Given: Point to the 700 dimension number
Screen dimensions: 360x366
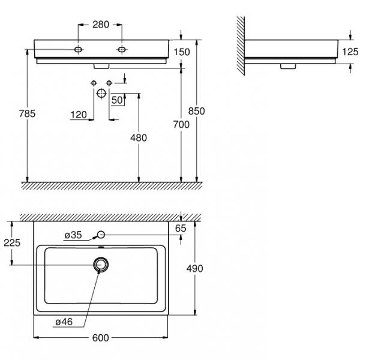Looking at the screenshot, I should point(181,124).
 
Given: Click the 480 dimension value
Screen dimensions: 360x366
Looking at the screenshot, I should point(138,137).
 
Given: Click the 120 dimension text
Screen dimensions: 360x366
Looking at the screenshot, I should point(78,115).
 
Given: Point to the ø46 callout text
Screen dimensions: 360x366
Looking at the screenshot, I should point(64,322).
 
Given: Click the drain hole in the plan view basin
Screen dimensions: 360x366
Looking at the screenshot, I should point(100,265).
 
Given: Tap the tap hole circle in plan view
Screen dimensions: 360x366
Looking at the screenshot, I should point(101,235).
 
